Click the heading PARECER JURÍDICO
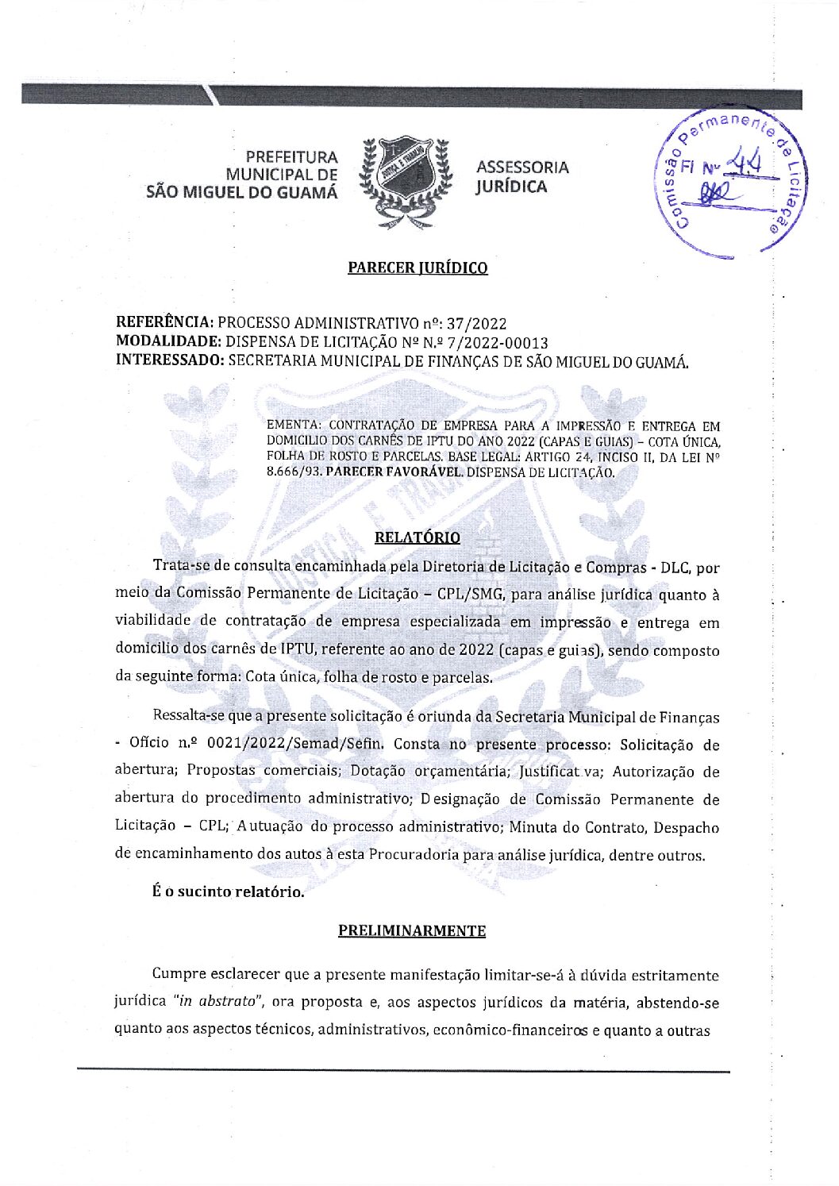(418, 268)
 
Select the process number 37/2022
(476, 323)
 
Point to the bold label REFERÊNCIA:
(164, 323)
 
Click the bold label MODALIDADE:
(168, 341)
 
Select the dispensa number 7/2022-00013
(498, 342)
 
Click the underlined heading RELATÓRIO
(417, 537)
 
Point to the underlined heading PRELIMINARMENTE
(412, 930)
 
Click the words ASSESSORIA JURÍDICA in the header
(521, 177)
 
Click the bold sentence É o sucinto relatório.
(229, 891)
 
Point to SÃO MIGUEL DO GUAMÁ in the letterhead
(242, 192)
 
